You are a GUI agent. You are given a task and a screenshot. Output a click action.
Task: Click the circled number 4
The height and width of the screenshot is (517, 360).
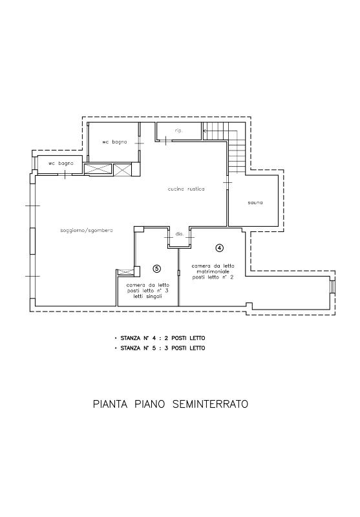[x=219, y=248]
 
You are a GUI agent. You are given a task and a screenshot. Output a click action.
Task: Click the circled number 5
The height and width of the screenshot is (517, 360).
[x=157, y=269]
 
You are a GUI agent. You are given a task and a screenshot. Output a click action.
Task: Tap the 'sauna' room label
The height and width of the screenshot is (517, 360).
[x=255, y=202]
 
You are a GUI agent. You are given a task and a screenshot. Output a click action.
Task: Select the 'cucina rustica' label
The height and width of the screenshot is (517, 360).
[x=186, y=189]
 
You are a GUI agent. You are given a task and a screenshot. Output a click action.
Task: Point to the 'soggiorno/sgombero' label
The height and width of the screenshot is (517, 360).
[x=87, y=230]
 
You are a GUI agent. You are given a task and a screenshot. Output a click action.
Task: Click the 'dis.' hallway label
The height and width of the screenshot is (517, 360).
[x=179, y=234]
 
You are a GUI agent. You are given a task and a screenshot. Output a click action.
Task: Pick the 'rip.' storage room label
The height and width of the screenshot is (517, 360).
[x=178, y=131]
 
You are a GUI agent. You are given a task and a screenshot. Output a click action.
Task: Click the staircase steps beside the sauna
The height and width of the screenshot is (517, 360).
[x=237, y=147]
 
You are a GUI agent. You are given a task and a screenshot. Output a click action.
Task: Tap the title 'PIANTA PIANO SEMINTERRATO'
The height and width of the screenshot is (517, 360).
[x=171, y=404]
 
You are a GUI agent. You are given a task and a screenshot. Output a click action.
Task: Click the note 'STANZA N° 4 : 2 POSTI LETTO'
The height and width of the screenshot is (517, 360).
[x=162, y=338]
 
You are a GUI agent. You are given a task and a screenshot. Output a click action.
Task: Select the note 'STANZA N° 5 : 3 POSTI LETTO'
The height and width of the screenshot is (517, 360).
[x=162, y=348]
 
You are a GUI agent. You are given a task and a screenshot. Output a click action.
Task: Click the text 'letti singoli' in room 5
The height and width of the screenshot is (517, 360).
[x=147, y=297]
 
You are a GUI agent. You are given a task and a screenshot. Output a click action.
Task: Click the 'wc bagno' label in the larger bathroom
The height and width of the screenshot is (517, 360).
[x=114, y=142]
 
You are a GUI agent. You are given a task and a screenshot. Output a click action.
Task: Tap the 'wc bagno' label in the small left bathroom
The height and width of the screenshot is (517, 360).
[x=61, y=164]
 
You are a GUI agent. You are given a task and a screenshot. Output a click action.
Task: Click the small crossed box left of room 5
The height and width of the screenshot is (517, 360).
[x=126, y=272]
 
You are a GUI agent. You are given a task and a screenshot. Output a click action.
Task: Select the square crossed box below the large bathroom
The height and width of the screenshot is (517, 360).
[x=122, y=169]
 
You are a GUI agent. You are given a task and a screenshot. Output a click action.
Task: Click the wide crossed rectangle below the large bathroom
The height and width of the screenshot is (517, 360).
[x=98, y=169]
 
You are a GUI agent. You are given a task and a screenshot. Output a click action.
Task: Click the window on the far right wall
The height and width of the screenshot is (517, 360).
[x=333, y=286]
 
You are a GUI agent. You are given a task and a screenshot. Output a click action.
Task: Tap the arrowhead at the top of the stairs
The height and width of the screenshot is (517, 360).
[x=205, y=131]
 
